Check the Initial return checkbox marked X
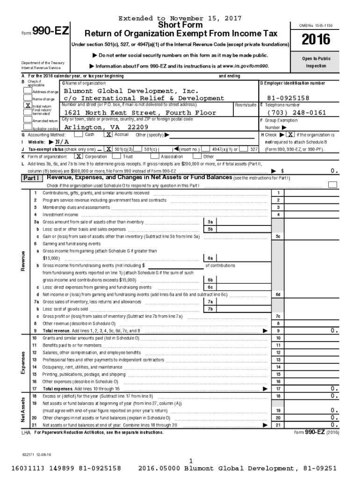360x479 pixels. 28,106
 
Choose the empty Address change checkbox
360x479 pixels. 28,91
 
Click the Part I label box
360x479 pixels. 32,179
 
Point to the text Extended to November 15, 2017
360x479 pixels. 180,18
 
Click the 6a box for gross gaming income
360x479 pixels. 210,258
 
